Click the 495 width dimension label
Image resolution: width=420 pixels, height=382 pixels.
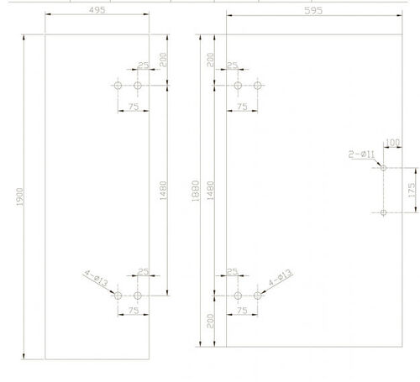97,10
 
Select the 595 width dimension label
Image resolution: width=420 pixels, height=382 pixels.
313,11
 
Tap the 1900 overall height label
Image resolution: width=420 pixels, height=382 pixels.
20,196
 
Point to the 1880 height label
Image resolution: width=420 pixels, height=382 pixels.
196,191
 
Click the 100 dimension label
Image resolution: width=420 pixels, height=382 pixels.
392,143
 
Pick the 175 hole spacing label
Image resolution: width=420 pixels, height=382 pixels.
412,190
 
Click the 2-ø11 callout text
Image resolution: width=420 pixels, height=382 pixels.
361,154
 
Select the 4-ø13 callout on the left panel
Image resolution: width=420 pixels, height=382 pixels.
96,278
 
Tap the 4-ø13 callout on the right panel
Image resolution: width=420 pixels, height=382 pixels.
281,278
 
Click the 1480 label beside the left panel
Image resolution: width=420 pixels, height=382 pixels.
163,191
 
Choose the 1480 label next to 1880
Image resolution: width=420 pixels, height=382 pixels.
210,191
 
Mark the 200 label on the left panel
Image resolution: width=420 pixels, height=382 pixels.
163,60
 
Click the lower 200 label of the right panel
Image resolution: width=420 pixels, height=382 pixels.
210,321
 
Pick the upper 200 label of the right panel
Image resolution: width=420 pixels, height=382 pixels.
210,60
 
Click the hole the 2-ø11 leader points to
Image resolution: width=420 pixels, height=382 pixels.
384,168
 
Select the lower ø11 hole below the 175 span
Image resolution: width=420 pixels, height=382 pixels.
384,212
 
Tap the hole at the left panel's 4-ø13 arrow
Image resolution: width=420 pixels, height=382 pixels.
118,296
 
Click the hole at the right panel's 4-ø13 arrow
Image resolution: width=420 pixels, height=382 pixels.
258,296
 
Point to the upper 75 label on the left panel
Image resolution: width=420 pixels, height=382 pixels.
134,107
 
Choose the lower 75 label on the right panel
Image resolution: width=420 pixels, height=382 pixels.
242,311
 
